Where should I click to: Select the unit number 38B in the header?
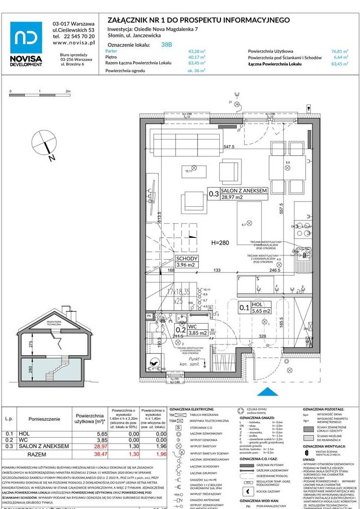point(167,43)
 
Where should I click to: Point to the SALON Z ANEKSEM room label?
point(244,192)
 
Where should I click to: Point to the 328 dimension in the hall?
point(262,336)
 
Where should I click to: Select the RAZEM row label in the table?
point(37,454)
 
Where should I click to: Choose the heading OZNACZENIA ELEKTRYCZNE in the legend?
point(192,408)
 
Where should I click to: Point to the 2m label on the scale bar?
point(67,91)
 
